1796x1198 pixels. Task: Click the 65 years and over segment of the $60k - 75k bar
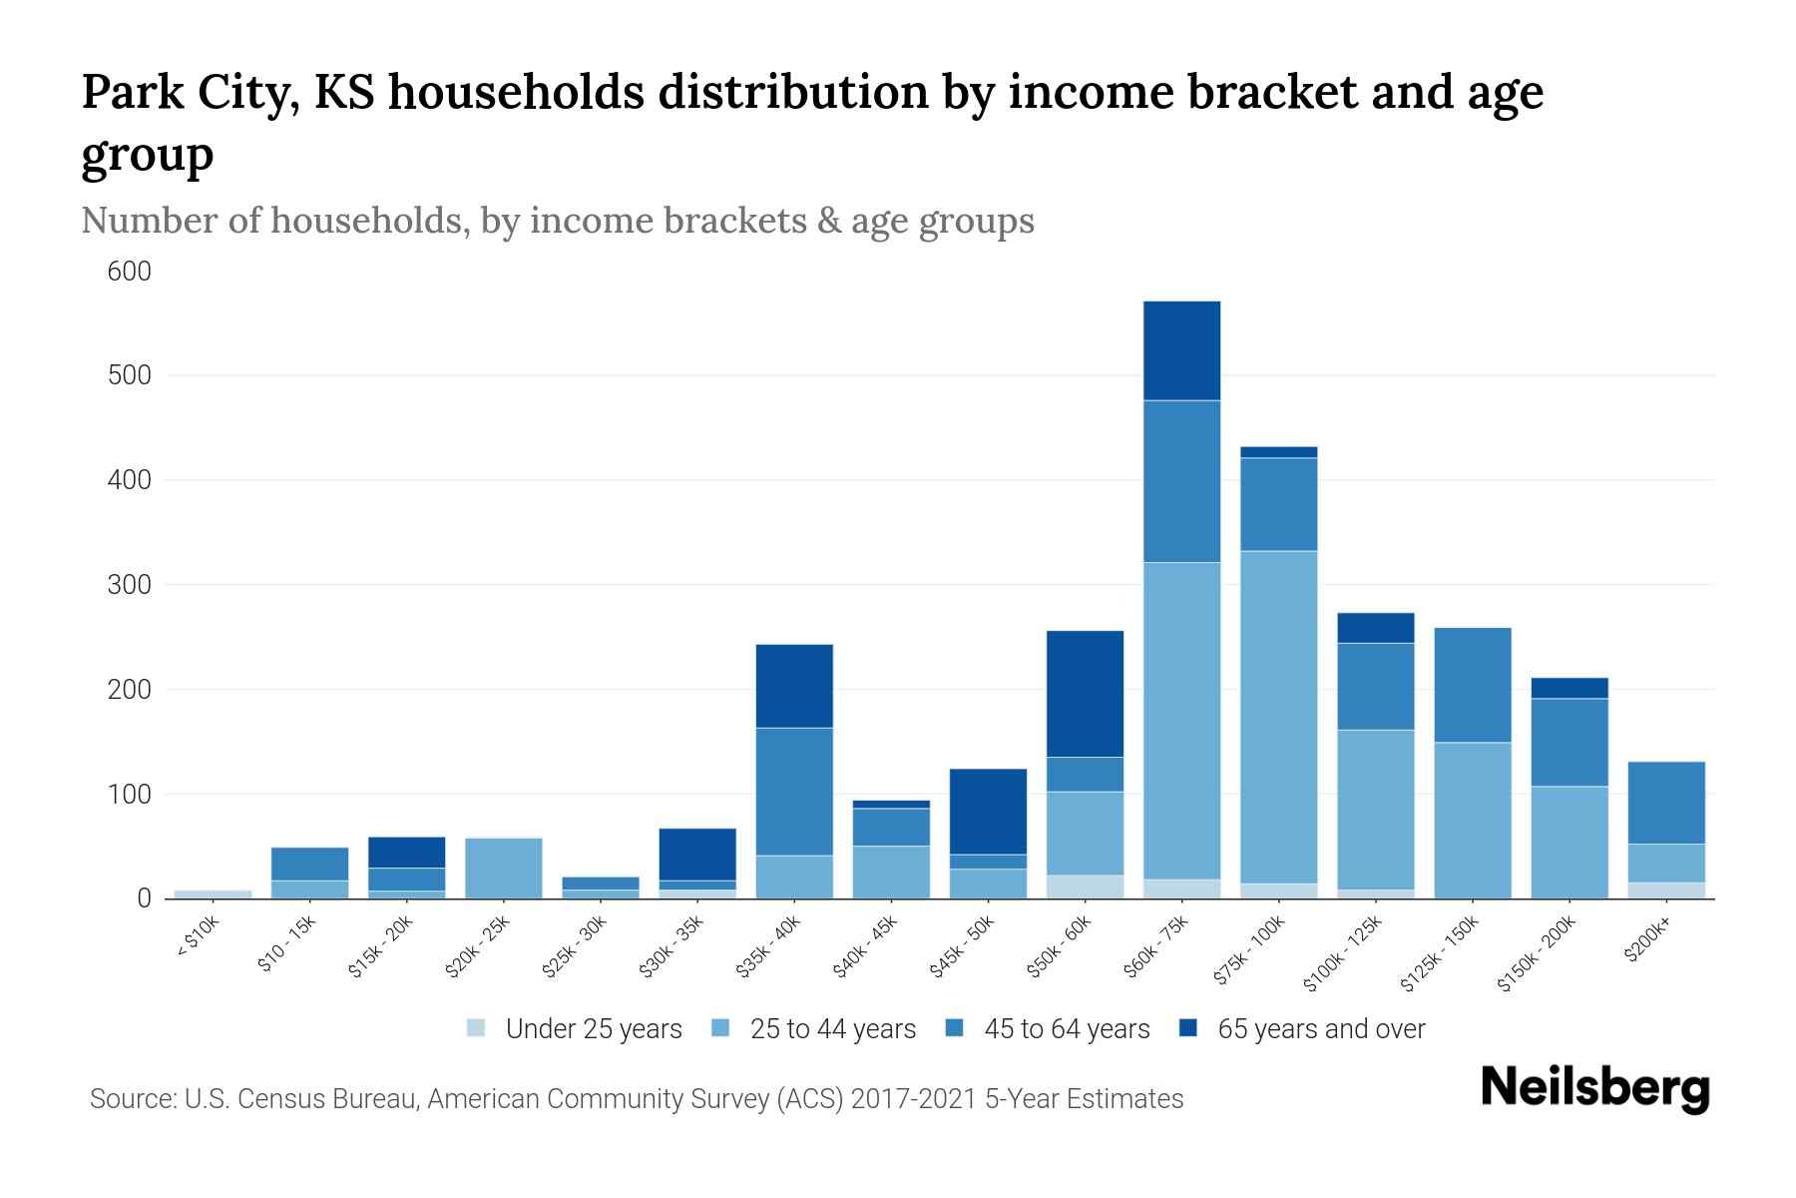pyautogui.click(x=1181, y=350)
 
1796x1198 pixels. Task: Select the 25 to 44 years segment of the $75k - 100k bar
pyautogui.click(x=1278, y=717)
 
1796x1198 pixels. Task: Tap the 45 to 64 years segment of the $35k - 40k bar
pyautogui.click(x=794, y=792)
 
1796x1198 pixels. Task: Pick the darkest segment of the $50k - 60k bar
pyautogui.click(x=1085, y=694)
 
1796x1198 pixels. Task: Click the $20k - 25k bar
pyautogui.click(x=503, y=868)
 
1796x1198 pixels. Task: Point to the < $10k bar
pyautogui.click(x=213, y=894)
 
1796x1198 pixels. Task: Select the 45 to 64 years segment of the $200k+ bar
pyautogui.click(x=1666, y=803)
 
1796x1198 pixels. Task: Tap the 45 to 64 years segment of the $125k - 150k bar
pyautogui.click(x=1472, y=685)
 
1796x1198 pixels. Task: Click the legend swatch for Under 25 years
pyautogui.click(x=476, y=1027)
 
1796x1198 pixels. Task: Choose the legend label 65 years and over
pyautogui.click(x=1321, y=1029)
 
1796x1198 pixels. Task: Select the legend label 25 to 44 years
pyautogui.click(x=832, y=1029)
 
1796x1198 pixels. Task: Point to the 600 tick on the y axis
pyautogui.click(x=130, y=272)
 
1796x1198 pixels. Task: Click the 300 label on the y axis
pyautogui.click(x=130, y=585)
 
